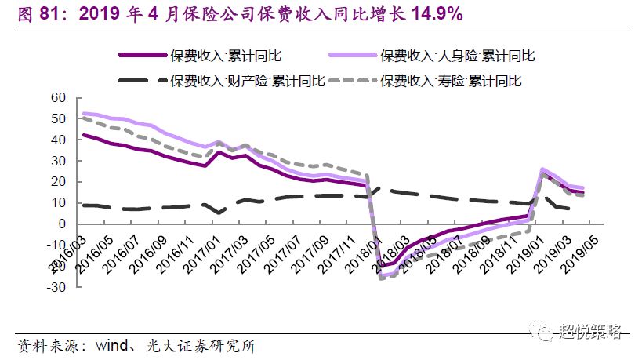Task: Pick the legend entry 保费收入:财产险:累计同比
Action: pos(240,80)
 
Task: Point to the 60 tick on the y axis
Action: pos(56,97)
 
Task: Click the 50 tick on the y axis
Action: pos(56,118)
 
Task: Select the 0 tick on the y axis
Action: pos(60,224)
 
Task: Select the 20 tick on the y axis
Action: pos(56,181)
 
